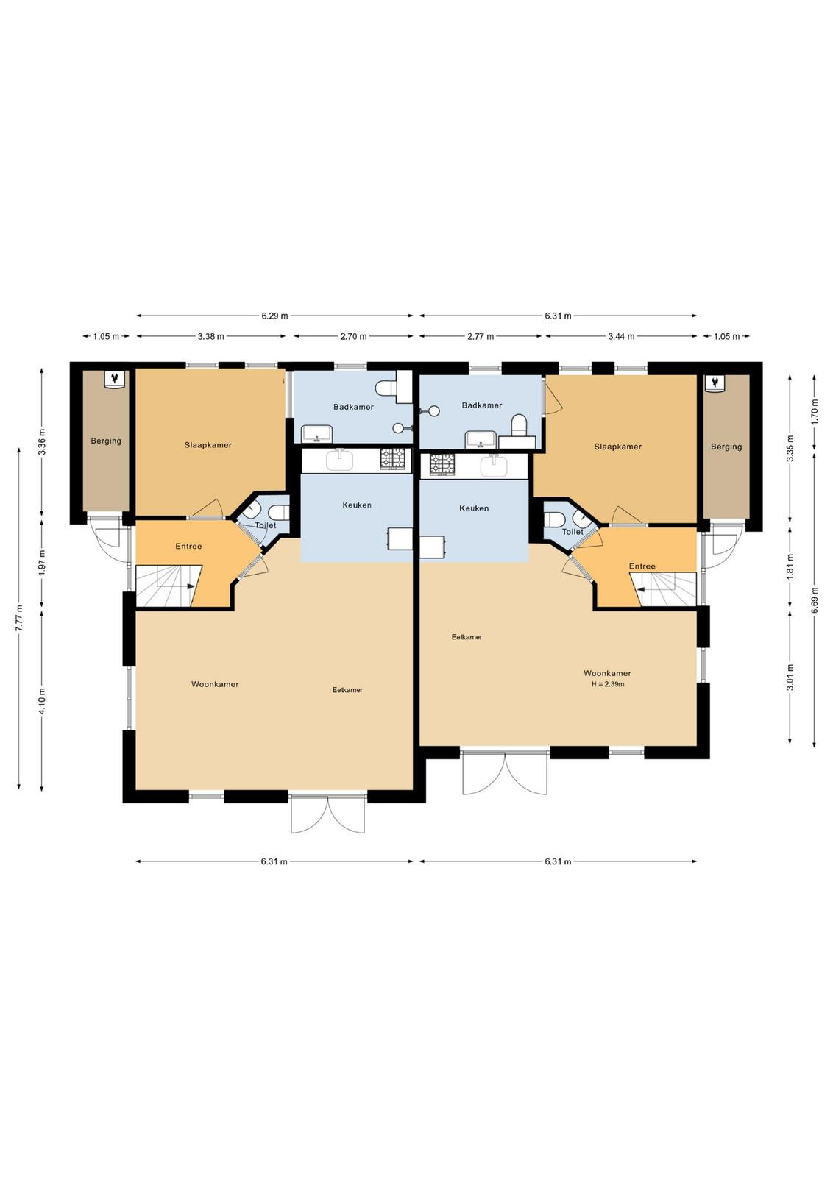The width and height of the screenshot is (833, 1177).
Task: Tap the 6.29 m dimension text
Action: click(x=275, y=316)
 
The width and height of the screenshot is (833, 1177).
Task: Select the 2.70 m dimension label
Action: click(x=353, y=336)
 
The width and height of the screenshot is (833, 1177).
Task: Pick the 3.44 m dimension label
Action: click(x=621, y=336)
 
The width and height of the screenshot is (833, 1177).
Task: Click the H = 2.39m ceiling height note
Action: click(x=608, y=684)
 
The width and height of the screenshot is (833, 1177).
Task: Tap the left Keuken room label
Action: click(x=357, y=505)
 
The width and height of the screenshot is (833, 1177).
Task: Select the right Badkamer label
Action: click(x=482, y=405)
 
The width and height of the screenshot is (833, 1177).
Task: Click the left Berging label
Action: click(x=106, y=441)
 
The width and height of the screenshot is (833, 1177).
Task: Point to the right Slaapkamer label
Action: click(x=617, y=447)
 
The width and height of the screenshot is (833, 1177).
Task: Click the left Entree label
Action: click(x=188, y=546)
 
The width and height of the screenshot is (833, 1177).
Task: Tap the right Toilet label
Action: click(x=573, y=532)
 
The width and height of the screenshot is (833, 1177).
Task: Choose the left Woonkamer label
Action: click(x=215, y=684)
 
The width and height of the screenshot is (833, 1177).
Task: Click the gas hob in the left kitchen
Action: click(x=393, y=459)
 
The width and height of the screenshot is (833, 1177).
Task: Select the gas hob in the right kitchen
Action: click(x=442, y=464)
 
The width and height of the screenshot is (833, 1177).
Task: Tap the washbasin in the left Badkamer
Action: click(x=316, y=433)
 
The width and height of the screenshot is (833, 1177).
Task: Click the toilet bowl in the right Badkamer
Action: click(x=519, y=424)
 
